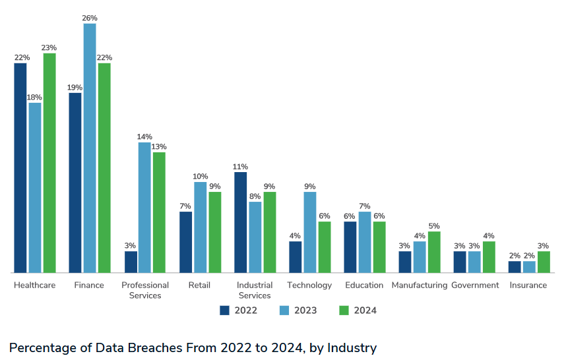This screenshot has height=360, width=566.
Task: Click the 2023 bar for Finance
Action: click(x=90, y=148)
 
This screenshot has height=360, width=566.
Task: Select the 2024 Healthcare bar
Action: click(x=49, y=163)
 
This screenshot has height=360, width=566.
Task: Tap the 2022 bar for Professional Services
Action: click(x=131, y=262)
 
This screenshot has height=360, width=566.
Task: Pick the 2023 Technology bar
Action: click(x=310, y=232)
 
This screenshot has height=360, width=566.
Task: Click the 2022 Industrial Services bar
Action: click(x=241, y=222)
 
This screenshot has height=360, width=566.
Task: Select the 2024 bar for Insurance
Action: click(x=544, y=262)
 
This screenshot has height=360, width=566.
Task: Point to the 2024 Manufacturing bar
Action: click(x=434, y=252)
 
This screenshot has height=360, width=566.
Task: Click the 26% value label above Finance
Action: click(x=90, y=18)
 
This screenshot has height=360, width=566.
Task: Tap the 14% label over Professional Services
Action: click(x=144, y=136)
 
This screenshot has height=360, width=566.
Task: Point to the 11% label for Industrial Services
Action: click(x=240, y=166)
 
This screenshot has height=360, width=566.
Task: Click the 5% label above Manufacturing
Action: click(x=434, y=225)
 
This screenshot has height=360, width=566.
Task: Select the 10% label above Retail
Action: click(x=201, y=176)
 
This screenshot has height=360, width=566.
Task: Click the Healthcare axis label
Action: click(x=35, y=285)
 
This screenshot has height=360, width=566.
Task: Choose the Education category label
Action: click(x=364, y=285)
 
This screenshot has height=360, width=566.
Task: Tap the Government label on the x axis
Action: click(x=475, y=285)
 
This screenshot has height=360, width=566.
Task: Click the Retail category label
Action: click(x=199, y=285)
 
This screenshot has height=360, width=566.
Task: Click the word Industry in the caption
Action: click(x=352, y=347)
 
